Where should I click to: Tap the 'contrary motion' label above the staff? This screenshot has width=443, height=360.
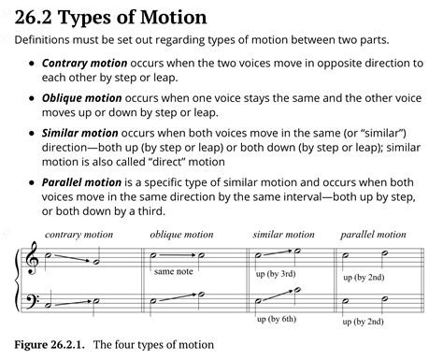point(78,235)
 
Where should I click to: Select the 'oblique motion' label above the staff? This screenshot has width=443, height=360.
point(182,235)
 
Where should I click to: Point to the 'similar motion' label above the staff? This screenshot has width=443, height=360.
point(283,235)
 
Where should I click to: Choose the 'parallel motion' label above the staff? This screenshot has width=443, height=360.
point(373,235)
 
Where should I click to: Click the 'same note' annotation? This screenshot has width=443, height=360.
point(174,271)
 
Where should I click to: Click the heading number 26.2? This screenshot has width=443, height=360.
point(41,17)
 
